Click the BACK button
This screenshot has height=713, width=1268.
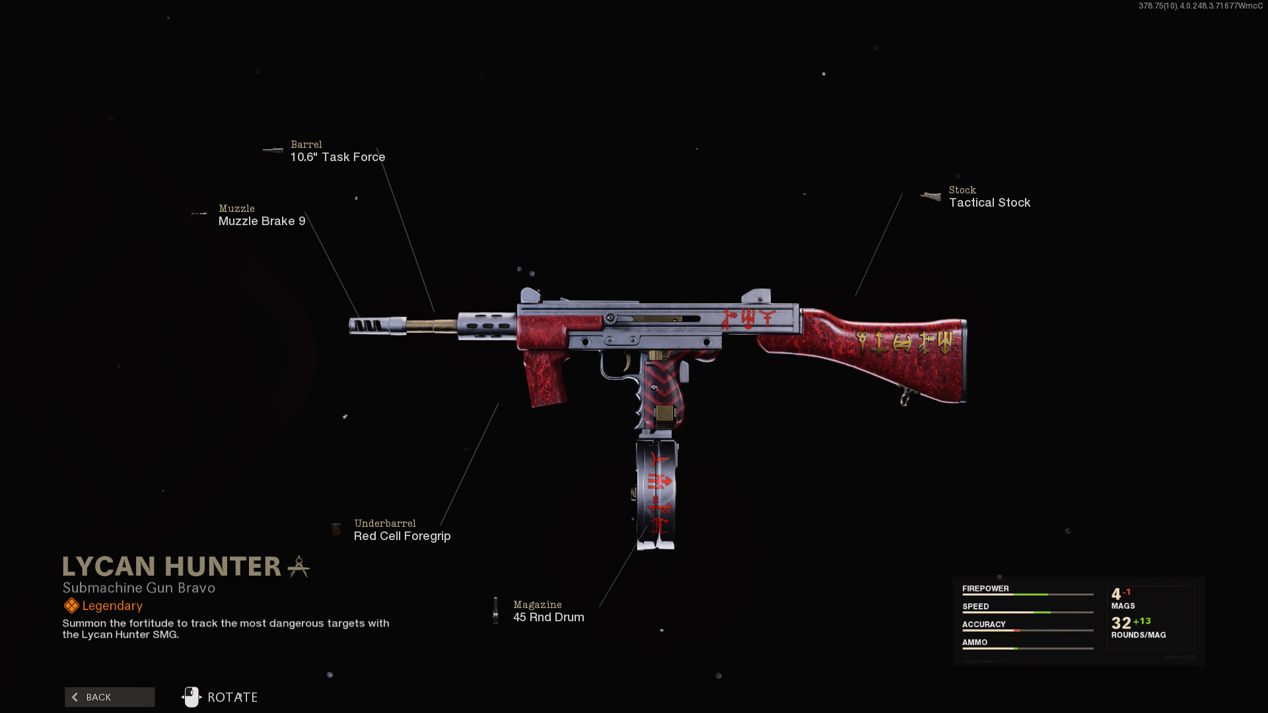tap(110, 697)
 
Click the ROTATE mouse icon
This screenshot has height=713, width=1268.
tap(192, 697)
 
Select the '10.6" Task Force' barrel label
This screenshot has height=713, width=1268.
tap(337, 157)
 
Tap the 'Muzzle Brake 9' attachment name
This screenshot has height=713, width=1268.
tap(262, 221)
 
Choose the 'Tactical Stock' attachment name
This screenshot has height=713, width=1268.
tap(989, 203)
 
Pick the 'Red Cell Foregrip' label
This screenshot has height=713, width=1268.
tap(402, 536)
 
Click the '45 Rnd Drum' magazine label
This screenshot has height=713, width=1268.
tap(548, 617)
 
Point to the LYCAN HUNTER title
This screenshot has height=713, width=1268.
tap(172, 566)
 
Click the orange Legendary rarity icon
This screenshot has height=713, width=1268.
tap(71, 605)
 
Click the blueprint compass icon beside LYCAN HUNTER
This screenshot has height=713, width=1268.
tap(299, 566)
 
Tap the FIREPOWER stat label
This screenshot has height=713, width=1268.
tap(985, 588)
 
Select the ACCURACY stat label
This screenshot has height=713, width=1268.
tap(983, 624)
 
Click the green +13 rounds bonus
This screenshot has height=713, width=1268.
tap(1142, 621)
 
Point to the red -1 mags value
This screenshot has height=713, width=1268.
tap(1127, 592)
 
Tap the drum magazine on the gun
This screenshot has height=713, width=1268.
tap(657, 492)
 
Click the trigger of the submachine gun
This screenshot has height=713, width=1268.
tap(625, 362)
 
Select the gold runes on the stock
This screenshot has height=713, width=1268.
tap(903, 342)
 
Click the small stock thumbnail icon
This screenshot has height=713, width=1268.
tap(931, 196)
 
